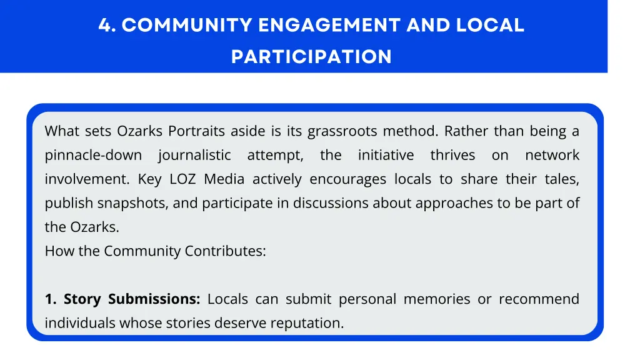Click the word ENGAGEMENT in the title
click(x=329, y=26)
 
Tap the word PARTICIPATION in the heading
click(x=311, y=57)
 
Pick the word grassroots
click(x=342, y=131)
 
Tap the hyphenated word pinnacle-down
click(x=93, y=155)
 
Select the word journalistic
click(x=194, y=155)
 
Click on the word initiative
click(x=386, y=155)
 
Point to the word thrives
click(x=452, y=155)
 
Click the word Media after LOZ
click(x=224, y=179)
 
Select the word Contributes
click(x=225, y=251)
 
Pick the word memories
click(x=436, y=299)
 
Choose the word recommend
click(x=539, y=299)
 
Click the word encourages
click(x=348, y=179)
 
